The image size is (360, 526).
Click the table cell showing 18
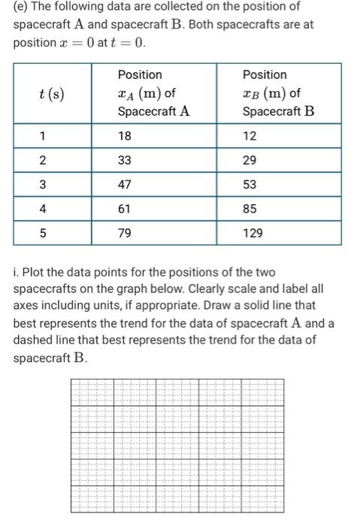[x=125, y=137]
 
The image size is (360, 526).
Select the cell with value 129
[x=253, y=234]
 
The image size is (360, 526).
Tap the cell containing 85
[x=250, y=209]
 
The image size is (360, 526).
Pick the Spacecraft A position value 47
[x=125, y=185]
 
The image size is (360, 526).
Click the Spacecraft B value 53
[x=250, y=185]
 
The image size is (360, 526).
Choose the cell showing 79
[x=125, y=234]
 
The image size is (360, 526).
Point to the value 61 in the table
[x=125, y=209]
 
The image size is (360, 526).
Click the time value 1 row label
[x=44, y=137]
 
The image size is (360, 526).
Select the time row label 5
[x=44, y=234]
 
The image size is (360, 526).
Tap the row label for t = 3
[x=44, y=185]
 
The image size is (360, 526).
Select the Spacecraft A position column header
[x=153, y=93]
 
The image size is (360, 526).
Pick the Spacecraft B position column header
[x=278, y=93]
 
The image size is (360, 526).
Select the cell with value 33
[x=125, y=161]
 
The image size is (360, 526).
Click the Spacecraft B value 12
[x=250, y=137]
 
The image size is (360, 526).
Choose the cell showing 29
[x=250, y=161]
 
